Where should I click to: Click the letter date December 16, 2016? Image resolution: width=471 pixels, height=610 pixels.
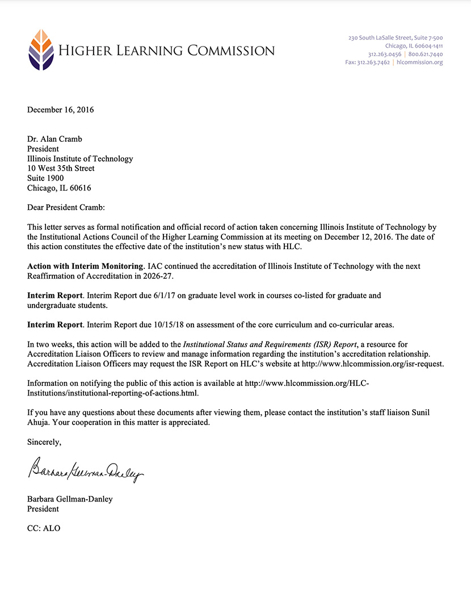[x=61, y=110]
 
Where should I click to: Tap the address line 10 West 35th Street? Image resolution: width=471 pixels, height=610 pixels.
[x=61, y=169]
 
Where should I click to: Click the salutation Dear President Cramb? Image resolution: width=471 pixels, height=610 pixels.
[x=66, y=207]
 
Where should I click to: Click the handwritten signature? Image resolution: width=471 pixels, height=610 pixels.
[x=85, y=470]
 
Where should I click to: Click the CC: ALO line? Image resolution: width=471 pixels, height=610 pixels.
[x=44, y=528]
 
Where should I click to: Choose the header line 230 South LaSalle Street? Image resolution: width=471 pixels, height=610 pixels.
[x=396, y=38]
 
